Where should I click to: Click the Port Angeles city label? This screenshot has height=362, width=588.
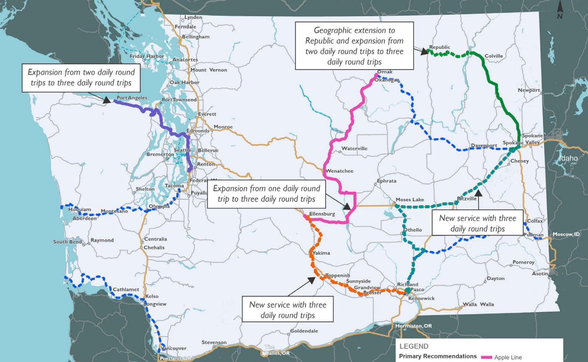click(132, 98)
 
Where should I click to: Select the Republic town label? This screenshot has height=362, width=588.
click(440, 47)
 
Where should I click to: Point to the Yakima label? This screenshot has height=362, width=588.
click(321, 253)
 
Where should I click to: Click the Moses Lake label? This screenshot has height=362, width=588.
click(410, 199)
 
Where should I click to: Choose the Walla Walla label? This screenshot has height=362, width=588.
click(478, 304)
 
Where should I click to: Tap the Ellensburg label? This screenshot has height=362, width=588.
click(322, 214)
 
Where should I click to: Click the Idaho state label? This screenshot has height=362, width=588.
click(569, 158)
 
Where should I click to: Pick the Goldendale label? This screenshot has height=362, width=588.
click(304, 331)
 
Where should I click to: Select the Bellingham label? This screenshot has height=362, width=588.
click(196, 37)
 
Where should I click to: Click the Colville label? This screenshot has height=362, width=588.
click(494, 56)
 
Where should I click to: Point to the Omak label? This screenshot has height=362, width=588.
click(385, 72)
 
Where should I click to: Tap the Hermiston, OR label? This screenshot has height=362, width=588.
click(414, 326)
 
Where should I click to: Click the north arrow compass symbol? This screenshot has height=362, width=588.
click(560, 9)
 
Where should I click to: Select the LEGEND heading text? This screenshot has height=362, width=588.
click(414, 346)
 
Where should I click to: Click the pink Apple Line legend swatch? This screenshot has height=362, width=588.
click(486, 357)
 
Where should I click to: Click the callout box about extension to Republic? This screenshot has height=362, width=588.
click(354, 46)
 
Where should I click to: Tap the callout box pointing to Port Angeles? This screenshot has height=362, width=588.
click(81, 78)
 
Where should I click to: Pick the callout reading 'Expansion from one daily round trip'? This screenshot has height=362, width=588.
click(266, 194)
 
